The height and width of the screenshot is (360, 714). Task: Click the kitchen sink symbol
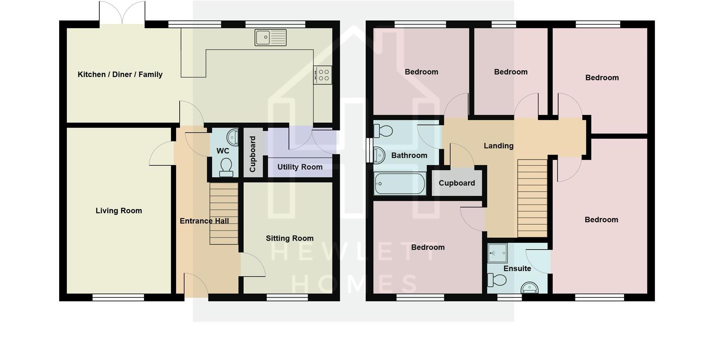pyautogui.click(x=270, y=38)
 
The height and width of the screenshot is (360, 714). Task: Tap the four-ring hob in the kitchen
pyautogui.click(x=322, y=75)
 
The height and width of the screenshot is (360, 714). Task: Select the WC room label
pyautogui.click(x=223, y=151)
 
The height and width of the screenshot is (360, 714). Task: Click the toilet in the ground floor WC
pyautogui.click(x=226, y=167)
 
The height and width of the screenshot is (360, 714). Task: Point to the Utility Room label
pyautogui.click(x=300, y=167)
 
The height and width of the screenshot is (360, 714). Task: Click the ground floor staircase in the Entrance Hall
pyautogui.click(x=224, y=213)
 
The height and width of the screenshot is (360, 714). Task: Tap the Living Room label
pyautogui.click(x=119, y=211)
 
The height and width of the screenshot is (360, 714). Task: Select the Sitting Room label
pyautogui.click(x=289, y=238)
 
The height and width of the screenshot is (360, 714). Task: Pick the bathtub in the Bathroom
pyautogui.click(x=400, y=184)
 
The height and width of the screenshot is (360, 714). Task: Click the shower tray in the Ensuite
pyautogui.click(x=497, y=253)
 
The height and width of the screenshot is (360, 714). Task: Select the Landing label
pyautogui.click(x=498, y=146)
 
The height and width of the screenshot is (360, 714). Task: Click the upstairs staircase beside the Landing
pyautogui.click(x=532, y=198)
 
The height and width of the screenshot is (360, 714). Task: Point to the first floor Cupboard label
pyautogui.click(x=457, y=183)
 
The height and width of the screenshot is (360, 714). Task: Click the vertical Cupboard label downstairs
pyautogui.click(x=253, y=154)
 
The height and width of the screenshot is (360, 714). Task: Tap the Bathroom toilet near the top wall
pyautogui.click(x=383, y=131)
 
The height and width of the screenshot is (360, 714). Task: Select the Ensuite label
pyautogui.click(x=517, y=269)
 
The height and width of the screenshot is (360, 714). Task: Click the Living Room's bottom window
pyautogui.click(x=118, y=298)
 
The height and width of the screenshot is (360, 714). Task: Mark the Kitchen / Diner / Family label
pyautogui.click(x=120, y=74)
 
